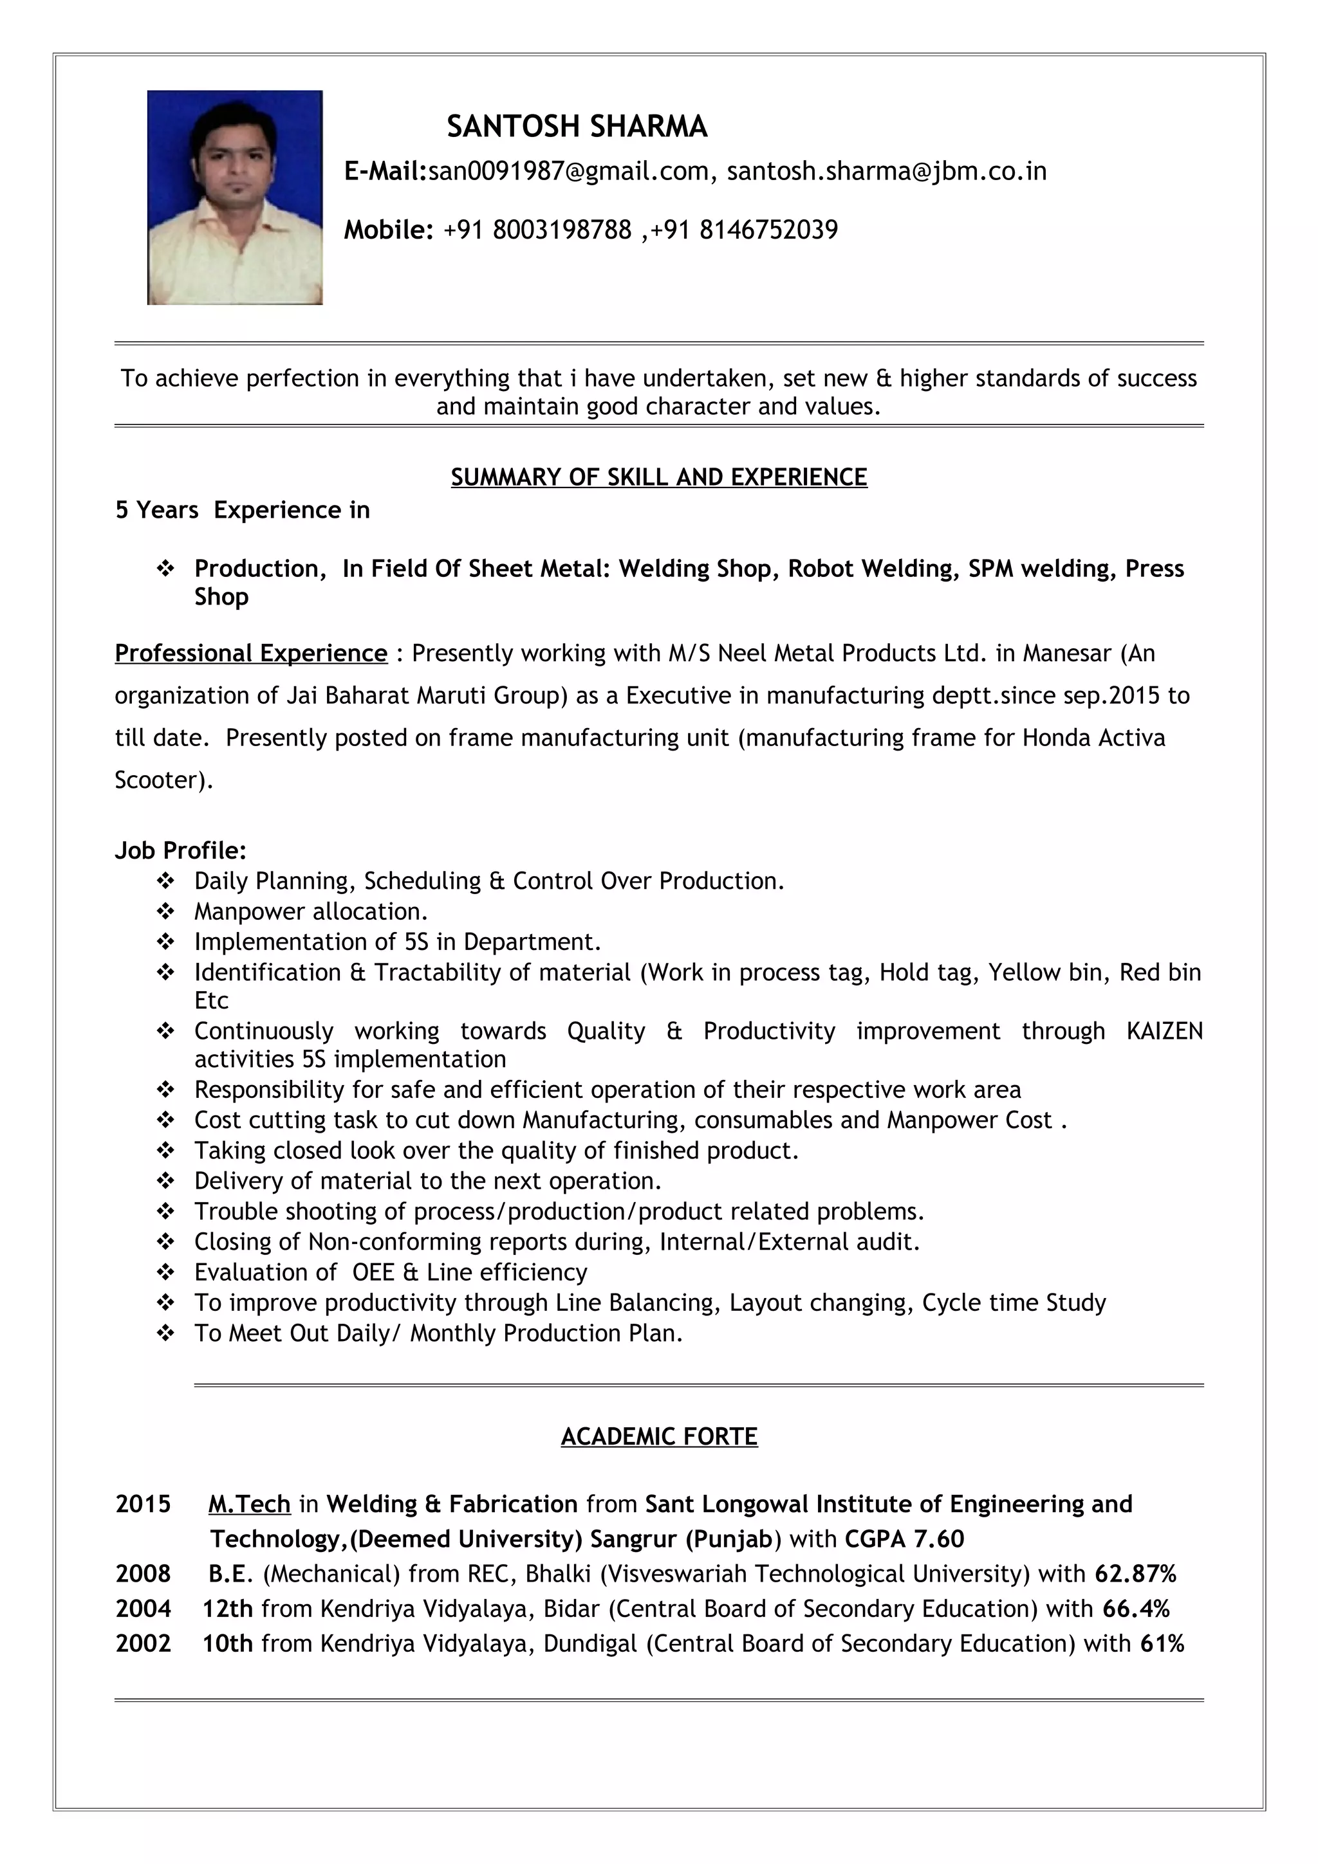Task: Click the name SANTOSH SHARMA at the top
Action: (577, 127)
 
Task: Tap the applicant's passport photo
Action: (235, 197)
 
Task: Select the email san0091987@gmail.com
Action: (568, 171)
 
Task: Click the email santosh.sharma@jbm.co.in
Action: (886, 171)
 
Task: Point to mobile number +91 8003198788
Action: (537, 230)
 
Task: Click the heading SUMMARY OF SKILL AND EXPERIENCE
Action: (658, 477)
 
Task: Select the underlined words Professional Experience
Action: (251, 653)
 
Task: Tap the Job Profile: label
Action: (180, 851)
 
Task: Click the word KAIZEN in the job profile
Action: (1164, 1031)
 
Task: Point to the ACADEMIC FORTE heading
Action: (658, 1437)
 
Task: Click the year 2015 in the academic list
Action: (143, 1504)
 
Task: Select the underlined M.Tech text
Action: (249, 1504)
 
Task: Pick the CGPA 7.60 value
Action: (904, 1539)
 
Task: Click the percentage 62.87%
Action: (1135, 1574)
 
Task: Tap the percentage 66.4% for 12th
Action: (1135, 1609)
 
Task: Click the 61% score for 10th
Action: (1162, 1644)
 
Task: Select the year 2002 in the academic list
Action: (143, 1644)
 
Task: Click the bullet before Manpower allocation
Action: (165, 911)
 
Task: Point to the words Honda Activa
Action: (1093, 738)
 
